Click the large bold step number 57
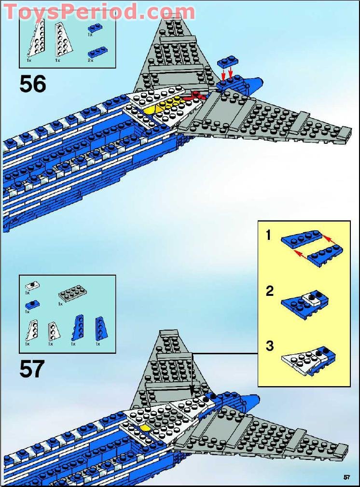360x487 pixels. (x=32, y=369)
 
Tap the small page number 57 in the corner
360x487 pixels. (x=346, y=477)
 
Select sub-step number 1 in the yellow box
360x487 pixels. (x=269, y=236)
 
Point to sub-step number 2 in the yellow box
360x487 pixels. (x=269, y=291)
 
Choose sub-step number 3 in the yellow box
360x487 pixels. (x=269, y=346)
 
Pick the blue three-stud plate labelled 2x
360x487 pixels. (x=98, y=51)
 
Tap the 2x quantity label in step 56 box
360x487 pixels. (x=90, y=61)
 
